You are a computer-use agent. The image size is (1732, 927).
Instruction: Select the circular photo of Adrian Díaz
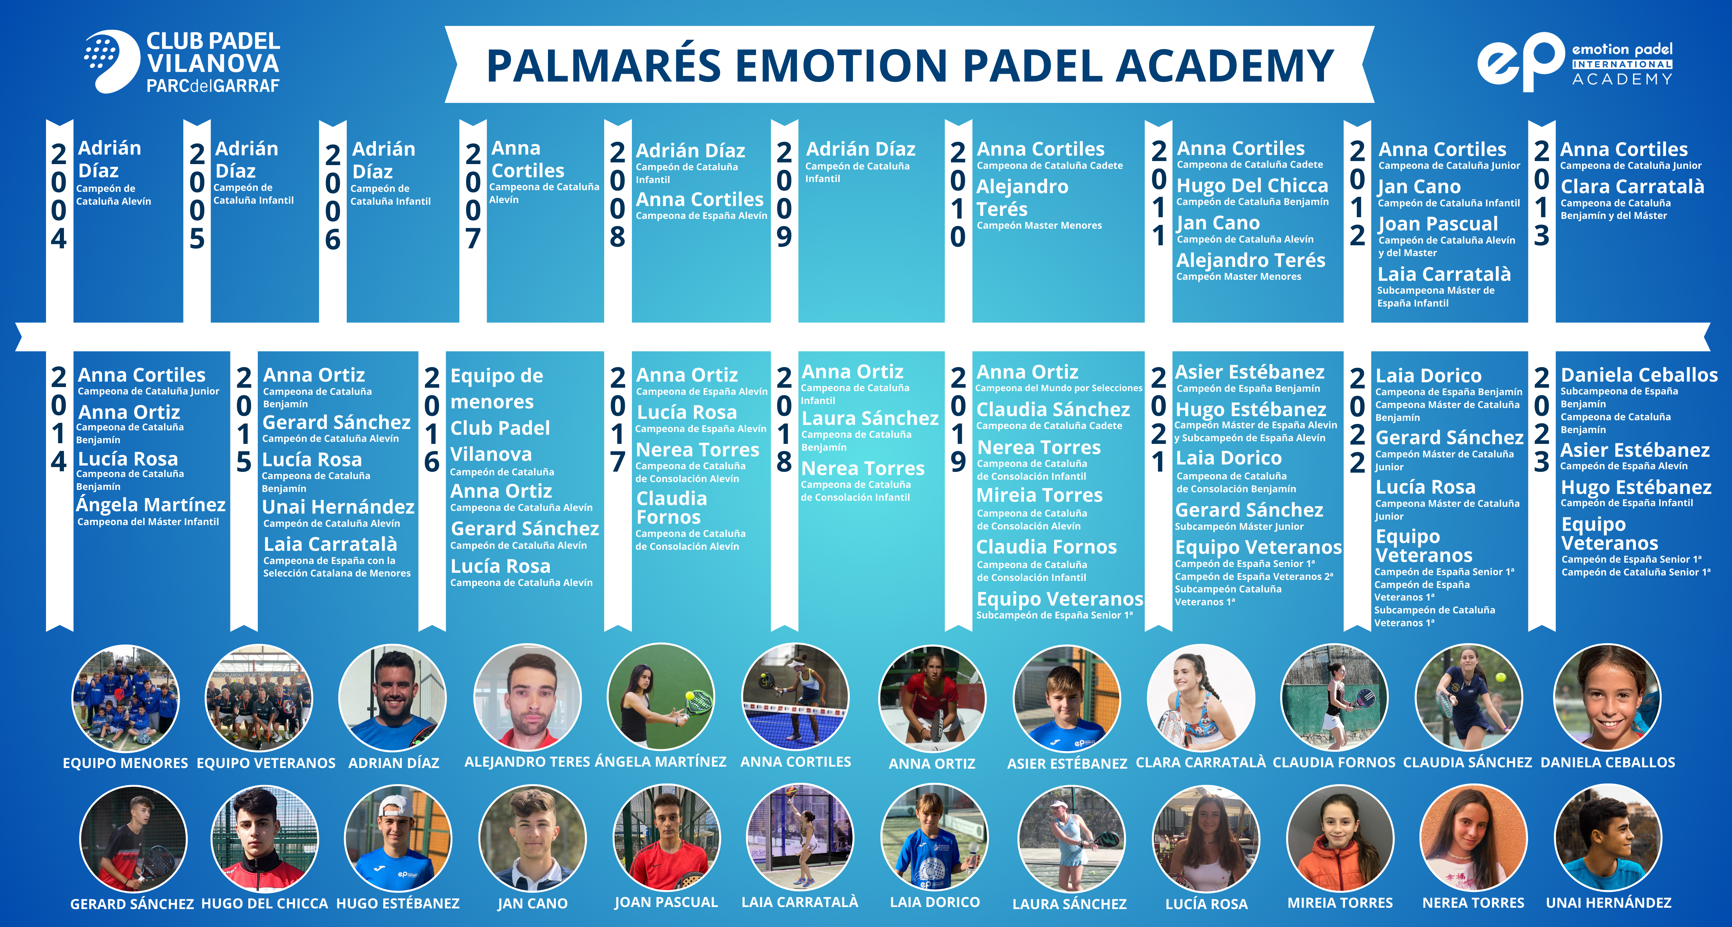tap(393, 698)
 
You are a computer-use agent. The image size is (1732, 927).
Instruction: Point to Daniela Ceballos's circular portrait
tap(1608, 698)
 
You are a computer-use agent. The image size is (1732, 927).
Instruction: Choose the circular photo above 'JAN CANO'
tap(532, 838)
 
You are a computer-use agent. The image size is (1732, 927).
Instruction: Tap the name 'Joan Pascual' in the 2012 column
tap(1437, 223)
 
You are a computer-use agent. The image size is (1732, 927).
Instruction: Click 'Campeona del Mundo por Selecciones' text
tap(1059, 388)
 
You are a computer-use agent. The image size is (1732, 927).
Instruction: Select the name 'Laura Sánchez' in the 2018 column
tap(870, 418)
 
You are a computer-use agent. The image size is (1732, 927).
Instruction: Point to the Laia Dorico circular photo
tap(935, 838)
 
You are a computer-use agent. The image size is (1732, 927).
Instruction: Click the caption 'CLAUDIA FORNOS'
tap(1334, 762)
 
